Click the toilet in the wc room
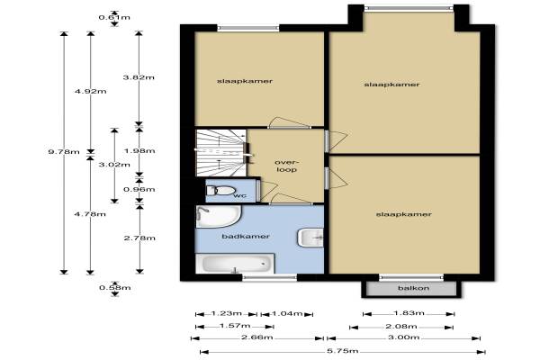220,191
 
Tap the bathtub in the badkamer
235,264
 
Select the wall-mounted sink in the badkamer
310,238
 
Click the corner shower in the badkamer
218,216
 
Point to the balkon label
413,288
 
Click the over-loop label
287,166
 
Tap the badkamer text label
246,237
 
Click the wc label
240,195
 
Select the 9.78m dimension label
64,151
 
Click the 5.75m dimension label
343,351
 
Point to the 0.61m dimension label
114,17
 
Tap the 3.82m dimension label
139,77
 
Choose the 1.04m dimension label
287,313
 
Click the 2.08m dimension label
401,326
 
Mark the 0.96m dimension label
139,189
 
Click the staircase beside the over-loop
220,153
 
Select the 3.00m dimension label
403,337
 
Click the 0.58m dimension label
114,288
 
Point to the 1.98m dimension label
139,151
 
